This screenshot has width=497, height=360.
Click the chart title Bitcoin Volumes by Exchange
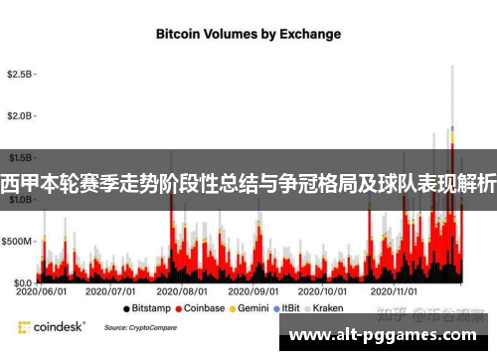click(x=248, y=33)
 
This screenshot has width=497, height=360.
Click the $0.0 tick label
click(x=21, y=282)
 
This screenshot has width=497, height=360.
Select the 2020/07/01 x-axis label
click(x=111, y=292)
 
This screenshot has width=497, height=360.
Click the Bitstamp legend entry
click(x=144, y=308)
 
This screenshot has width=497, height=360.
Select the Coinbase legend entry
click(x=200, y=308)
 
